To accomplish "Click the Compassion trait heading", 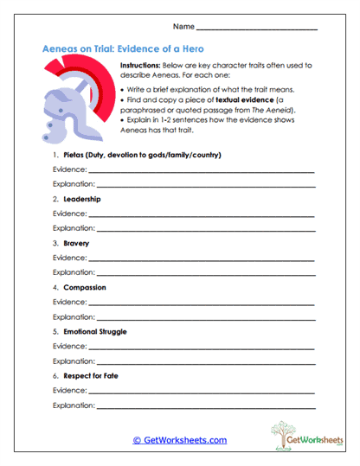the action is pyautogui.click(x=85, y=287).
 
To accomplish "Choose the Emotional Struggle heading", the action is pyautogui.click(x=96, y=331).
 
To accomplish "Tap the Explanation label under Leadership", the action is pyautogui.click(x=74, y=228).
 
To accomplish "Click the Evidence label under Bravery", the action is pyautogui.click(x=69, y=258).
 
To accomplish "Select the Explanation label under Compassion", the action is pyautogui.click(x=74, y=316).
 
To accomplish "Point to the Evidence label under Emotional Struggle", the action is pyautogui.click(x=69, y=346).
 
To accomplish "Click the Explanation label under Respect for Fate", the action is pyautogui.click(x=74, y=405).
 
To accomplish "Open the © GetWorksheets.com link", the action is pyautogui.click(x=179, y=440).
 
